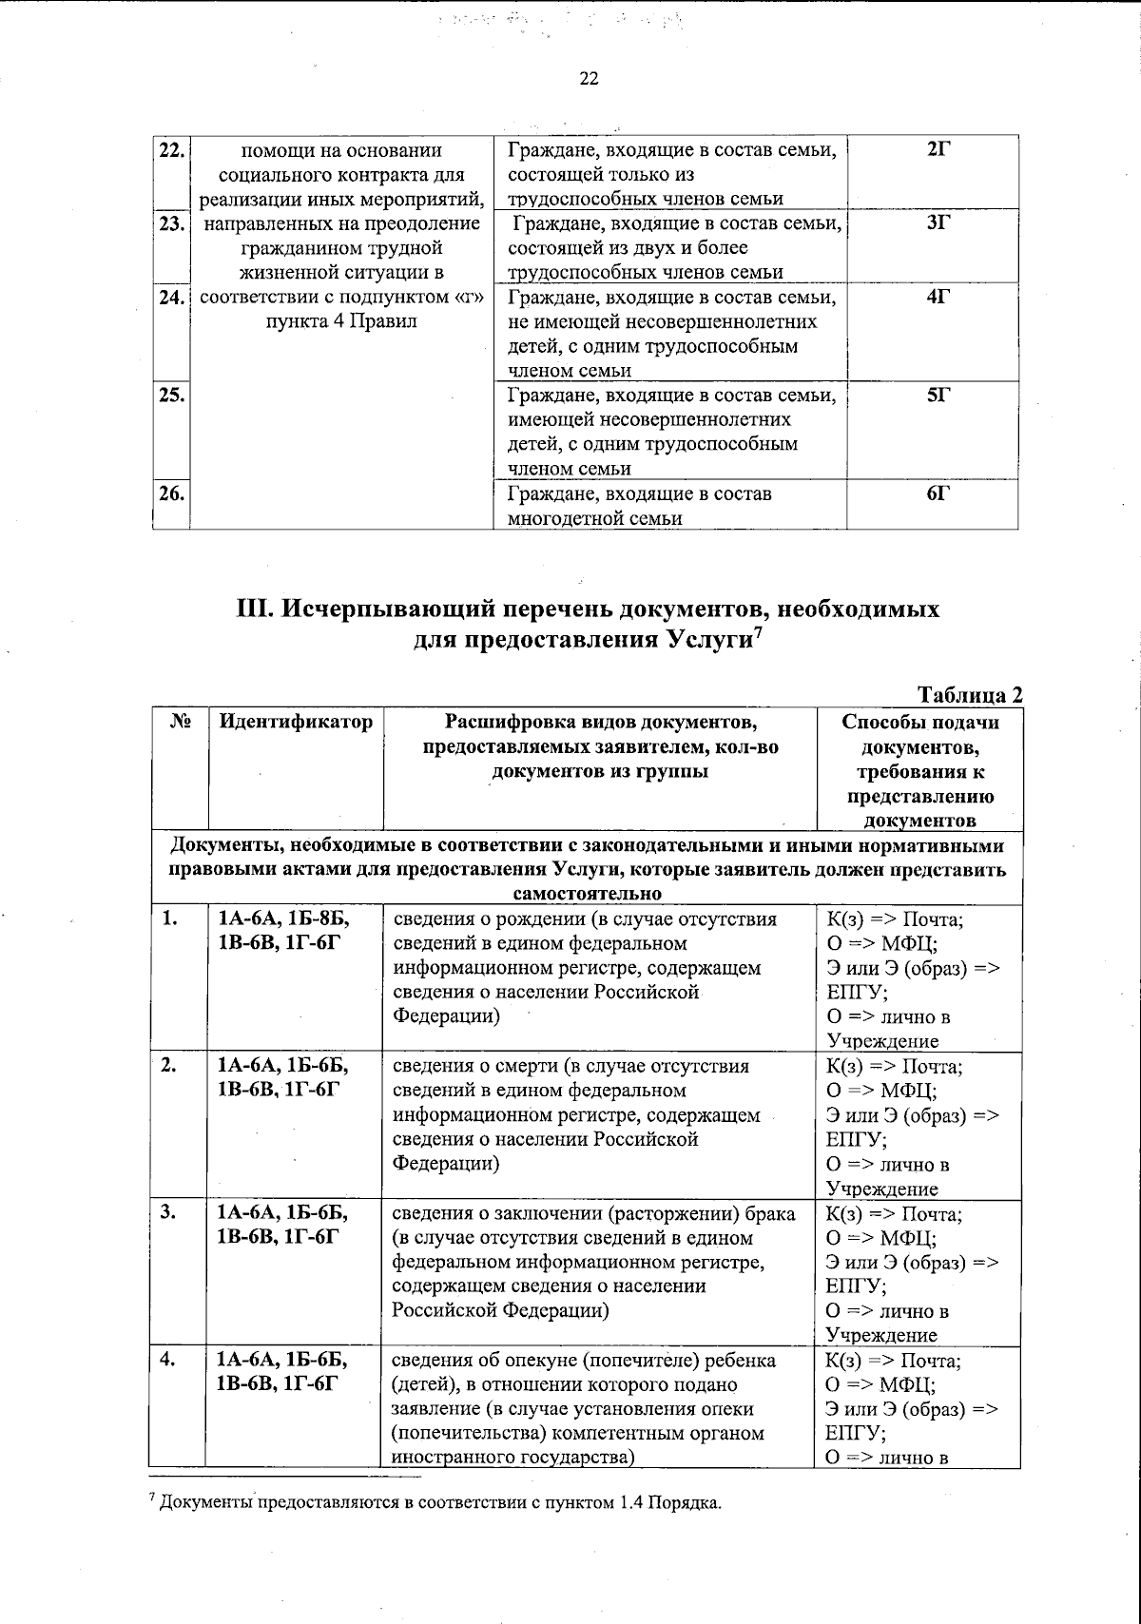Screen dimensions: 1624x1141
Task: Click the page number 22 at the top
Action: point(589,80)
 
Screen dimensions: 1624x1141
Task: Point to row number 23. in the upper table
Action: point(171,224)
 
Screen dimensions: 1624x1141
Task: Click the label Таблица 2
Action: point(969,695)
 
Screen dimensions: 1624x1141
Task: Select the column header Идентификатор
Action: point(296,722)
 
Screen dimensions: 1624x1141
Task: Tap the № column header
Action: point(180,722)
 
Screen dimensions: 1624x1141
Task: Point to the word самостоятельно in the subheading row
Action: point(587,895)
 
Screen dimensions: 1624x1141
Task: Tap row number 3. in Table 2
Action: point(168,1213)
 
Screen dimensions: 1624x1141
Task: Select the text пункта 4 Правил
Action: point(339,321)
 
